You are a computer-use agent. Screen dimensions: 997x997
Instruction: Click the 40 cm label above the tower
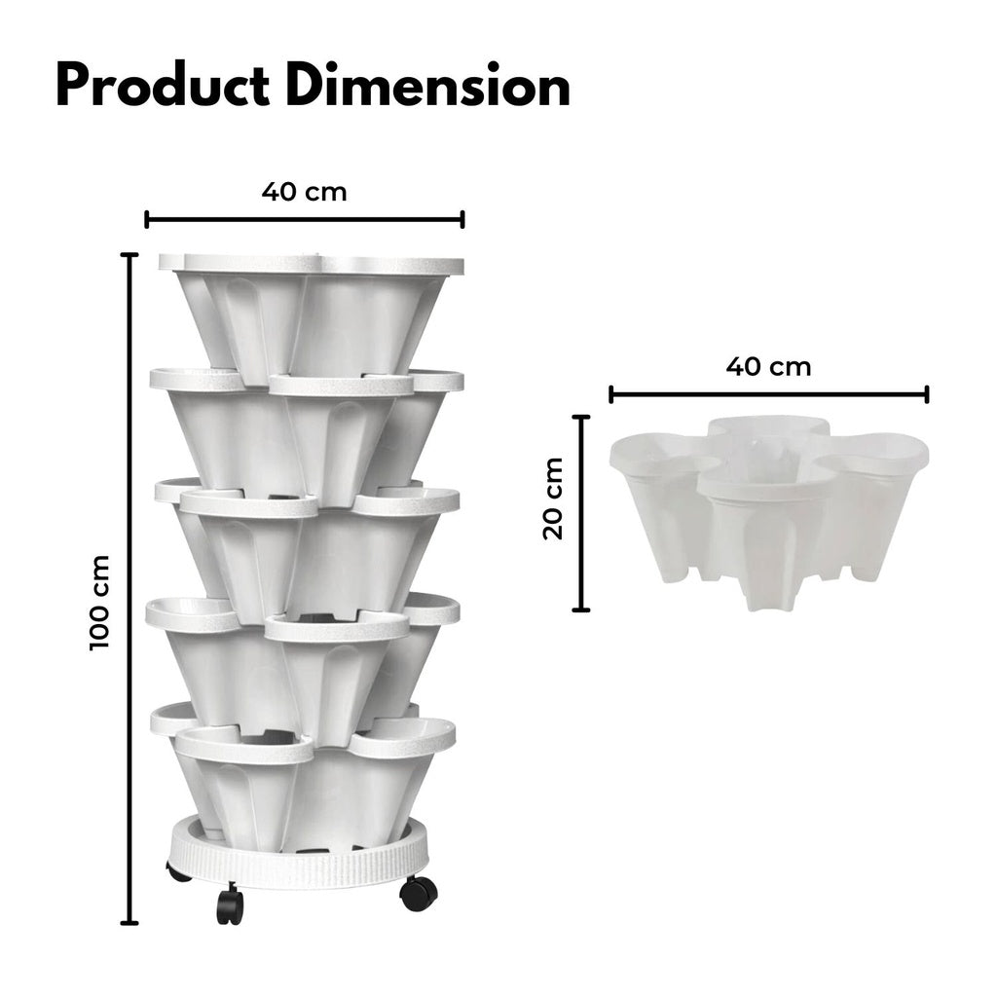point(304,191)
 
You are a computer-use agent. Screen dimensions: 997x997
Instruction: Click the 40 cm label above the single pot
point(768,367)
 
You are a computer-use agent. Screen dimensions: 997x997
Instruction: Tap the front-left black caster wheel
point(230,905)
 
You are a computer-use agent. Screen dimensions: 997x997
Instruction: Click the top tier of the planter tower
point(310,312)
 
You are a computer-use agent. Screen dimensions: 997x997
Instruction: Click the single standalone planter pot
point(768,506)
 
